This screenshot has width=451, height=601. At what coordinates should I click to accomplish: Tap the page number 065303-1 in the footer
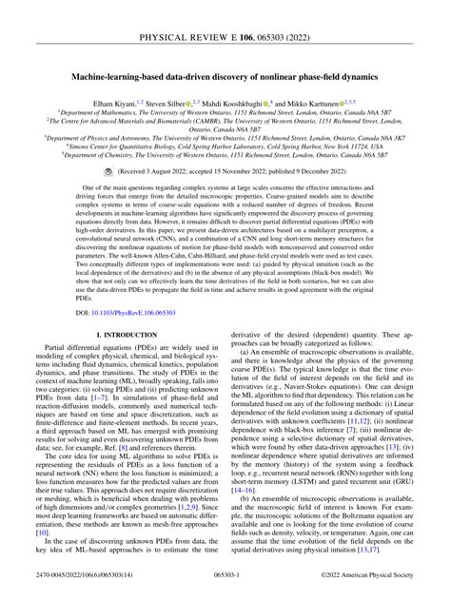point(225,591)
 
